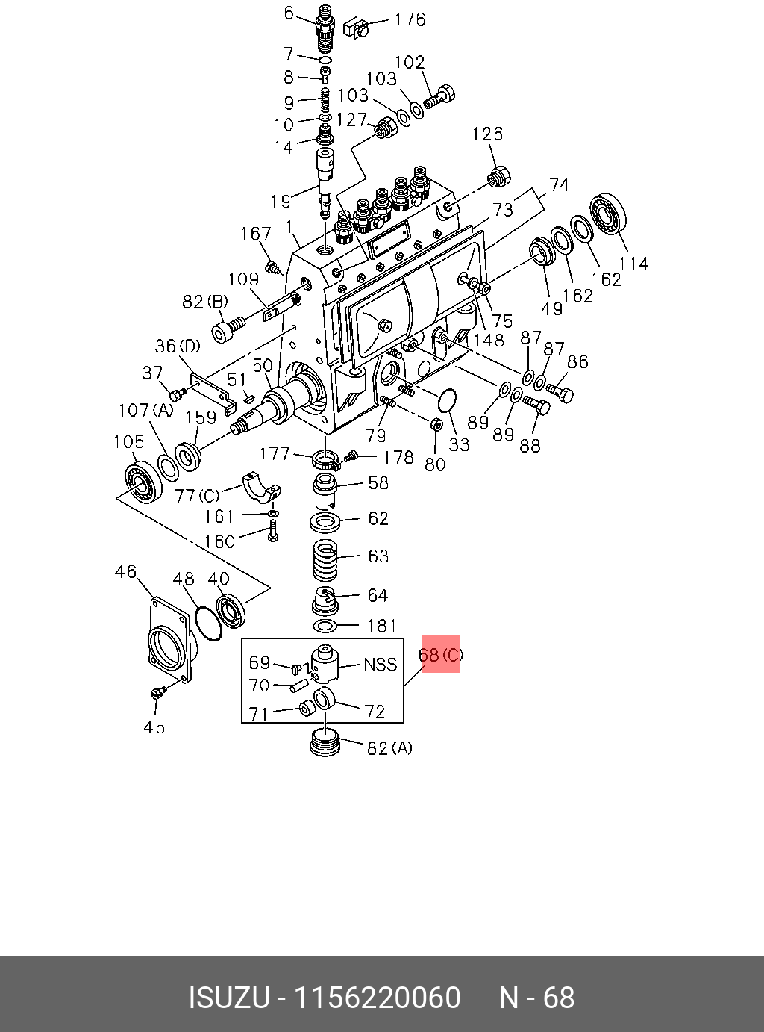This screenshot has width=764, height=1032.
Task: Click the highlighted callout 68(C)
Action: click(x=441, y=654)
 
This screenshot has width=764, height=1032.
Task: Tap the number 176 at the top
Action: click(x=410, y=19)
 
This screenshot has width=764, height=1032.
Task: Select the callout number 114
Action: click(x=634, y=263)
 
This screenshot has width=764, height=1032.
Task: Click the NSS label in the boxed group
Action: click(x=380, y=664)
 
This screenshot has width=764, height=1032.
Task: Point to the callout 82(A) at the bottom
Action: click(x=389, y=747)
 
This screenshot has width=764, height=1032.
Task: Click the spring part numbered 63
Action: click(x=325, y=560)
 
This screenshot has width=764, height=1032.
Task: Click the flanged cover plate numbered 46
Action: click(x=169, y=638)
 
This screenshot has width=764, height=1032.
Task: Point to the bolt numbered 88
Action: click(x=536, y=406)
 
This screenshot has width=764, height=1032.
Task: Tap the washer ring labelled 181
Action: click(x=325, y=625)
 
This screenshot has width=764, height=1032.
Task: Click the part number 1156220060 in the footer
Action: click(x=378, y=998)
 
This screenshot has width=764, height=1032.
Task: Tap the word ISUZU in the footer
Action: click(x=228, y=998)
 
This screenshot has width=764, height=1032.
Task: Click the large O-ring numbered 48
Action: click(x=208, y=623)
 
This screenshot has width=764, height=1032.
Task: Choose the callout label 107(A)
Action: click(x=145, y=410)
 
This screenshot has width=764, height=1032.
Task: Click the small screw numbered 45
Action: click(x=157, y=694)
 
